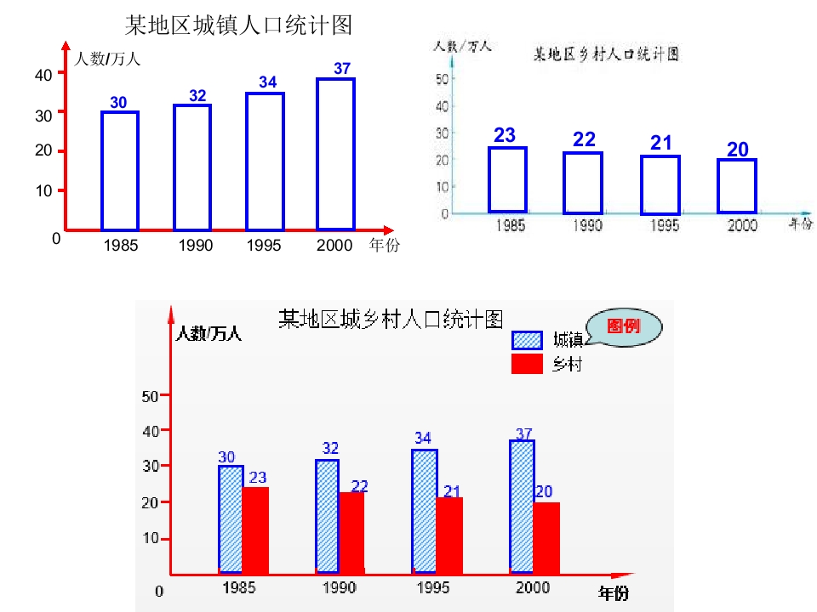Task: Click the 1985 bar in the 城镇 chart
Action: tap(120, 170)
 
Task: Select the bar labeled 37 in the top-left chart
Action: tap(335, 154)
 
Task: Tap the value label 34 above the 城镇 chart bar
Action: tap(268, 82)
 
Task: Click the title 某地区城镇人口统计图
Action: tap(238, 25)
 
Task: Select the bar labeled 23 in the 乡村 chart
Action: tap(507, 179)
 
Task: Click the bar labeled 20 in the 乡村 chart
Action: tap(737, 185)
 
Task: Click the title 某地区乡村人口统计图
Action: tap(605, 54)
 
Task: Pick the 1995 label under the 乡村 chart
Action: tap(665, 226)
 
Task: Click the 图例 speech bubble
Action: tap(626, 327)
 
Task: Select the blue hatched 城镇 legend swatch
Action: tap(527, 341)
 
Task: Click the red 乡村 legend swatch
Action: tap(527, 365)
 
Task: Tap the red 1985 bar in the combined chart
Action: tap(255, 530)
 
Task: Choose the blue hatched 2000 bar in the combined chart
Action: tap(522, 507)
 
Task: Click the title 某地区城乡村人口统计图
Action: tap(391, 320)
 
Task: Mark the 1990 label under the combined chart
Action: tap(340, 588)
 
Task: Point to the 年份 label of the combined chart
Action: tap(614, 592)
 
